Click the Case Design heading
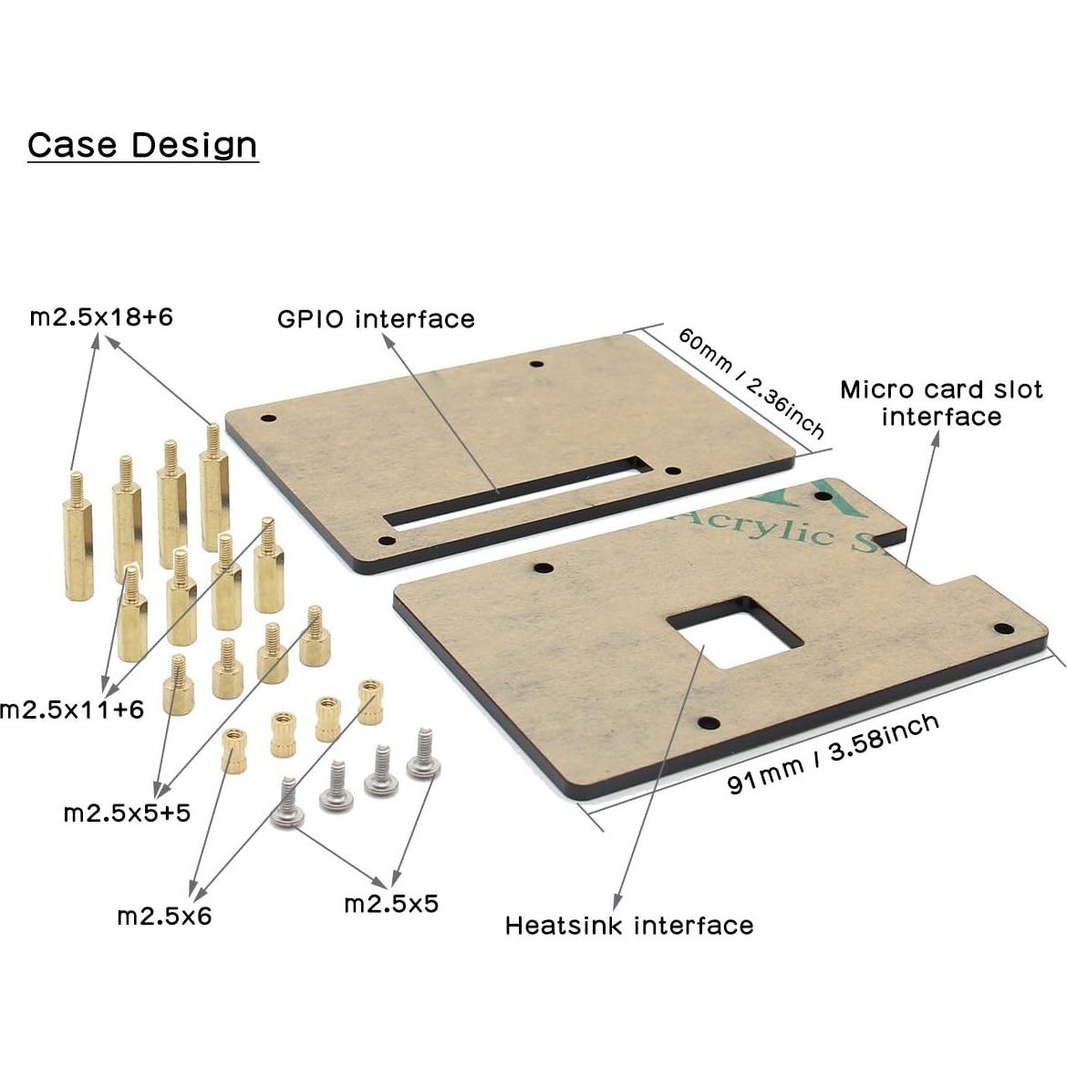tap(142, 145)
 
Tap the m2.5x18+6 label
tap(101, 317)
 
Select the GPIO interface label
tap(376, 319)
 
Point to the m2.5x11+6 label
tap(72, 710)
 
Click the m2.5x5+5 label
tap(127, 813)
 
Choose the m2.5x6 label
tap(164, 916)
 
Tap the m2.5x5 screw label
tap(391, 904)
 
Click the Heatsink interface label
tap(629, 927)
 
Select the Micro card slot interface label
tap(941, 403)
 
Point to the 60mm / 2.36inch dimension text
tap(751, 383)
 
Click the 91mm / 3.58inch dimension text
tap(834, 755)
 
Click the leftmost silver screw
tap(288, 806)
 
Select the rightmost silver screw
tap(423, 756)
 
